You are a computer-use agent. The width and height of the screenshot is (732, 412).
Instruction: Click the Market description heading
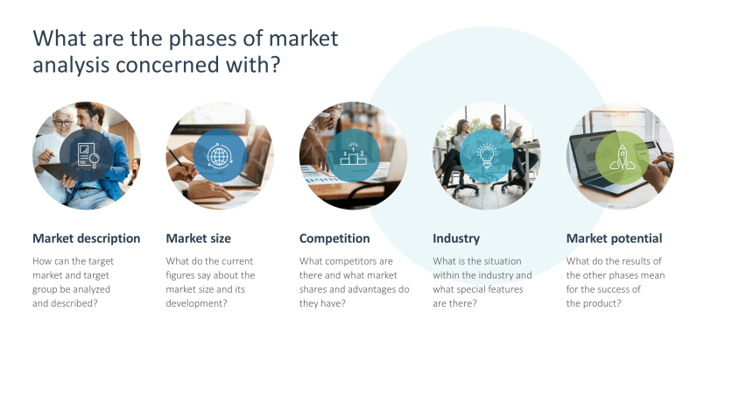click(x=86, y=238)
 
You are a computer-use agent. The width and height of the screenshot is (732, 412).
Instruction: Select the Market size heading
click(x=199, y=238)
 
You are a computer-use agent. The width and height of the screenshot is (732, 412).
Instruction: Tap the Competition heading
click(x=334, y=238)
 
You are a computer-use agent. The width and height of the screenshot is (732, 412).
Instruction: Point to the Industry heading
click(x=456, y=238)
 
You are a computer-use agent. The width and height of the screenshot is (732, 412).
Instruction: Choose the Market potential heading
click(x=614, y=238)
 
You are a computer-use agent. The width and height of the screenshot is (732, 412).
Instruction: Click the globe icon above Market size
click(x=219, y=156)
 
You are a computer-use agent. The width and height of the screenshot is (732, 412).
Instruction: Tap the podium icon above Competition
click(x=353, y=156)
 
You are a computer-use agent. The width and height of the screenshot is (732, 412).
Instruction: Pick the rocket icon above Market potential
click(x=621, y=156)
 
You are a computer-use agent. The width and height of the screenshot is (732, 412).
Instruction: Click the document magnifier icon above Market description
click(x=86, y=156)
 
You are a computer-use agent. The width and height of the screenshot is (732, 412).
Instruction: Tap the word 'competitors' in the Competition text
click(x=353, y=261)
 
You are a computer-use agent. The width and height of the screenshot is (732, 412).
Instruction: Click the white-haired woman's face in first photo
click(x=62, y=123)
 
